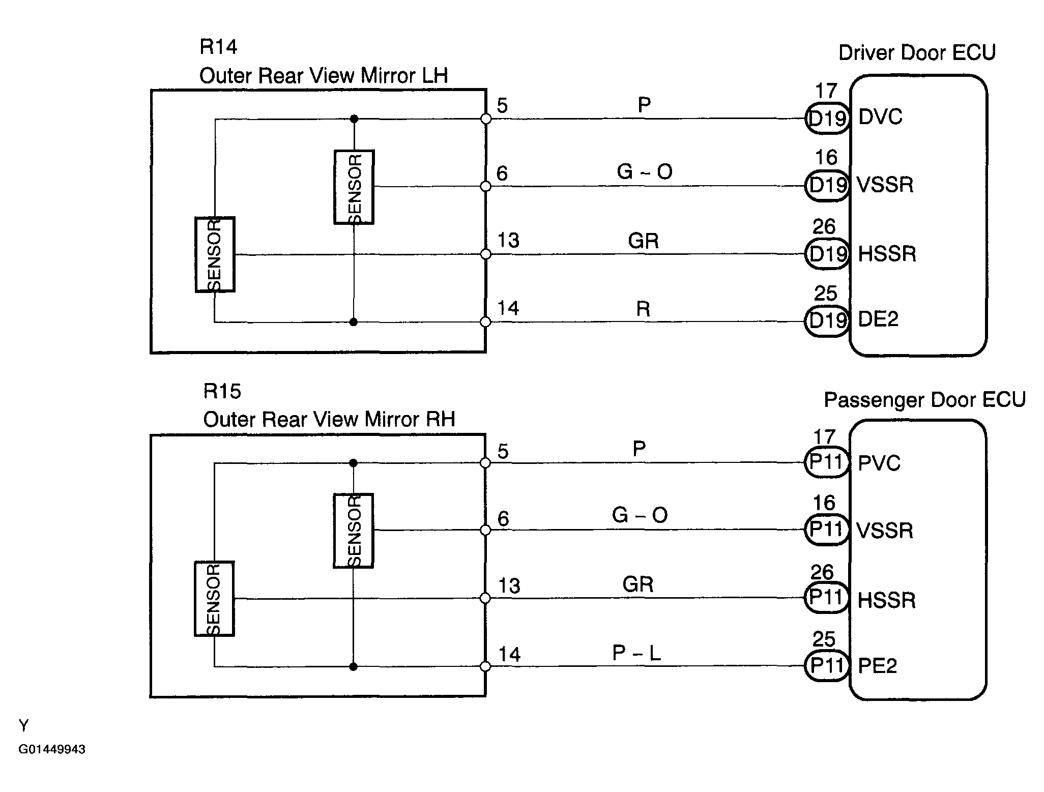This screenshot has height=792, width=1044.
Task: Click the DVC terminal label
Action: tap(880, 117)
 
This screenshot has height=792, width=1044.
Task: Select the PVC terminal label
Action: tap(879, 463)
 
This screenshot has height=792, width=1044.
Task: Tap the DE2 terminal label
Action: tap(878, 319)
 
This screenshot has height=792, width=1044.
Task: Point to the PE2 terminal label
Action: tap(878, 665)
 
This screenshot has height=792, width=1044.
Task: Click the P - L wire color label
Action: tap(636, 653)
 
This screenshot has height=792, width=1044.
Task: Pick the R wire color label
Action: tap(643, 309)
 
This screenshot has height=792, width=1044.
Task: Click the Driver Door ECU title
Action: tap(917, 52)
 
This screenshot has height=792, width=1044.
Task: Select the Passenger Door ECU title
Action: tap(924, 400)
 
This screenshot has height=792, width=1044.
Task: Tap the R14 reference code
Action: tap(218, 47)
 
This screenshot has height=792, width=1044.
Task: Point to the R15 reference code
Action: tap(222, 391)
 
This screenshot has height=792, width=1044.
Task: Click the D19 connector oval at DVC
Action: tap(827, 119)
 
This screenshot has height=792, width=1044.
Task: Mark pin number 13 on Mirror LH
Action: tap(508, 240)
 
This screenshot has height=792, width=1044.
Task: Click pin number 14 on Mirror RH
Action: tap(509, 654)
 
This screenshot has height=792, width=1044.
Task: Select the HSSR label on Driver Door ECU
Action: tap(887, 254)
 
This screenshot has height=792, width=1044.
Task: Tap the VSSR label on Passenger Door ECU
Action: tap(885, 531)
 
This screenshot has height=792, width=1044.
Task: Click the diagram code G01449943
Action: tap(52, 749)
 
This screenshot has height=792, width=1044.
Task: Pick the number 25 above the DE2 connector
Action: tap(825, 294)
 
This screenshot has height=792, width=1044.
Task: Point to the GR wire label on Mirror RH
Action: tap(638, 584)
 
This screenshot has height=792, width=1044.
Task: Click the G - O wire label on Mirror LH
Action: tap(645, 171)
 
